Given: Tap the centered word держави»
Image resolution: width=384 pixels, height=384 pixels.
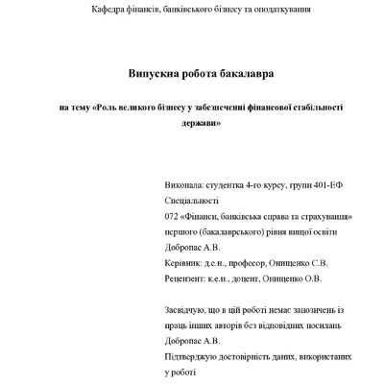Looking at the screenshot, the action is pos(201,126).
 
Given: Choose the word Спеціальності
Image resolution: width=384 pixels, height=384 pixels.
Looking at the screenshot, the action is pos(193,200).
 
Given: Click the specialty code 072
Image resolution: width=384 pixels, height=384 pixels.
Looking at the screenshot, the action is pos(173,216).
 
